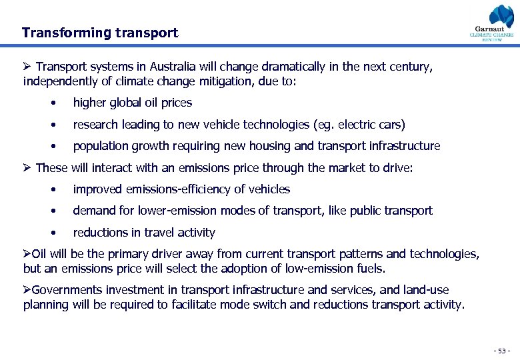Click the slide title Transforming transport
tap(100, 33)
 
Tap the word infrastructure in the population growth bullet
tap(405, 146)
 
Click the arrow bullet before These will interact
tap(27, 168)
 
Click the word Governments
tap(65, 290)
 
